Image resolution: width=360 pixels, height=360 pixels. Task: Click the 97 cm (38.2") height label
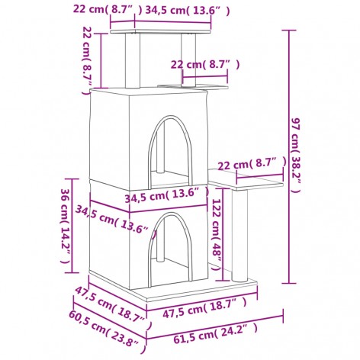(300, 156)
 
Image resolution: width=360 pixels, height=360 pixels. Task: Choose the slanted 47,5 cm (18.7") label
(107, 301)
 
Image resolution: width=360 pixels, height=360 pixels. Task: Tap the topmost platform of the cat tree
(160, 28)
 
